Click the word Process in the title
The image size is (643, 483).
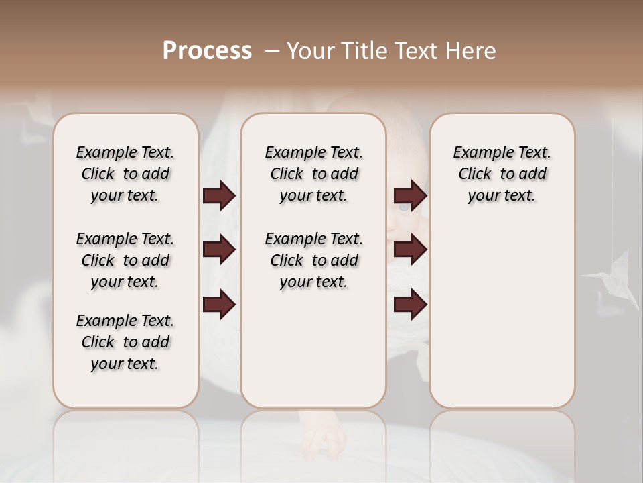coord(208,50)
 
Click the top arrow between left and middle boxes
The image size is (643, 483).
coord(219,196)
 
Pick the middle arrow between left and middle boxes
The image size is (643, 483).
coord(219,250)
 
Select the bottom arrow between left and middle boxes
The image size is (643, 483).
coord(219,305)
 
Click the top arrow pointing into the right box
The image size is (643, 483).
coord(410,196)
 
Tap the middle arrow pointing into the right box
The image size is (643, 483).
coord(410,250)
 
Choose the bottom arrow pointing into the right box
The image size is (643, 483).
coord(410,305)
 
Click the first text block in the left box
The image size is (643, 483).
coord(125,174)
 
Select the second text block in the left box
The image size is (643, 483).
coord(125,260)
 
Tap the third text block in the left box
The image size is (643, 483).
coord(125,342)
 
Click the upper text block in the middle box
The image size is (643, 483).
coord(313,174)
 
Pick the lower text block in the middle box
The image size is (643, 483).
coord(313,260)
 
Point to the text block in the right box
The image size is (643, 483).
coord(502,174)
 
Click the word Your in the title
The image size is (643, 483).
coord(309,50)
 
